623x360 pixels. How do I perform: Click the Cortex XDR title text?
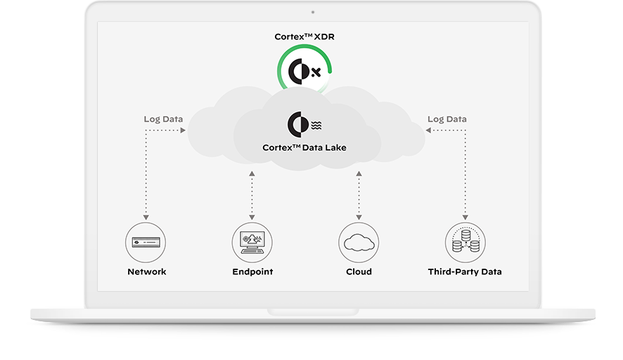304,36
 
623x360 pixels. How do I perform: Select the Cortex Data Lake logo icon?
304,124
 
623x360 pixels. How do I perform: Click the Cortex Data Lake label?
304,148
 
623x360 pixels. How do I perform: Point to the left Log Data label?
163,119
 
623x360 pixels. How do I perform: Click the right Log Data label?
447,119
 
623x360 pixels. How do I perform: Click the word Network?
146,271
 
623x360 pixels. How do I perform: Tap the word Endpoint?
252,271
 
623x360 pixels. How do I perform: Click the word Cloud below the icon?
359,271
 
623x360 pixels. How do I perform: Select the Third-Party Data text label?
465,271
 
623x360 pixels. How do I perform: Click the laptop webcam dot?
312,12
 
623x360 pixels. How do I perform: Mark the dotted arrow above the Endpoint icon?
252,193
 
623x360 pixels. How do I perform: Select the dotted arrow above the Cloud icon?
359,193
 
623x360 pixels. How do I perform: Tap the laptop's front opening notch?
312,311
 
